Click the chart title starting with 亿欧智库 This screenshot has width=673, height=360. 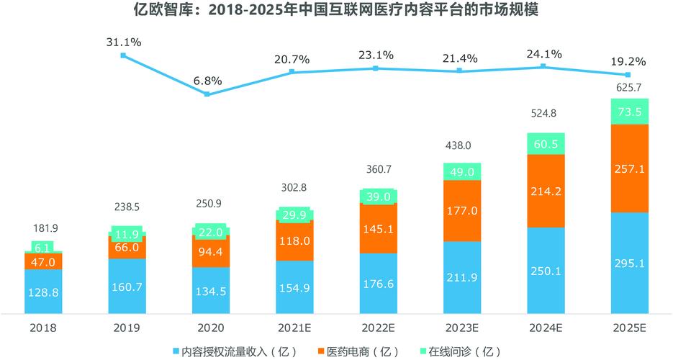(336, 12)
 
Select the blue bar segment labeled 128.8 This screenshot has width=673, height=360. (43, 292)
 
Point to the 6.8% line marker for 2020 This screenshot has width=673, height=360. (207, 94)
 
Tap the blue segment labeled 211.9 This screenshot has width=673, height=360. (461, 277)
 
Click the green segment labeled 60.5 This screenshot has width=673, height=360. (546, 144)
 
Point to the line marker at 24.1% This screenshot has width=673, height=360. (543, 66)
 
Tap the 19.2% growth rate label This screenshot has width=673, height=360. (628, 61)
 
